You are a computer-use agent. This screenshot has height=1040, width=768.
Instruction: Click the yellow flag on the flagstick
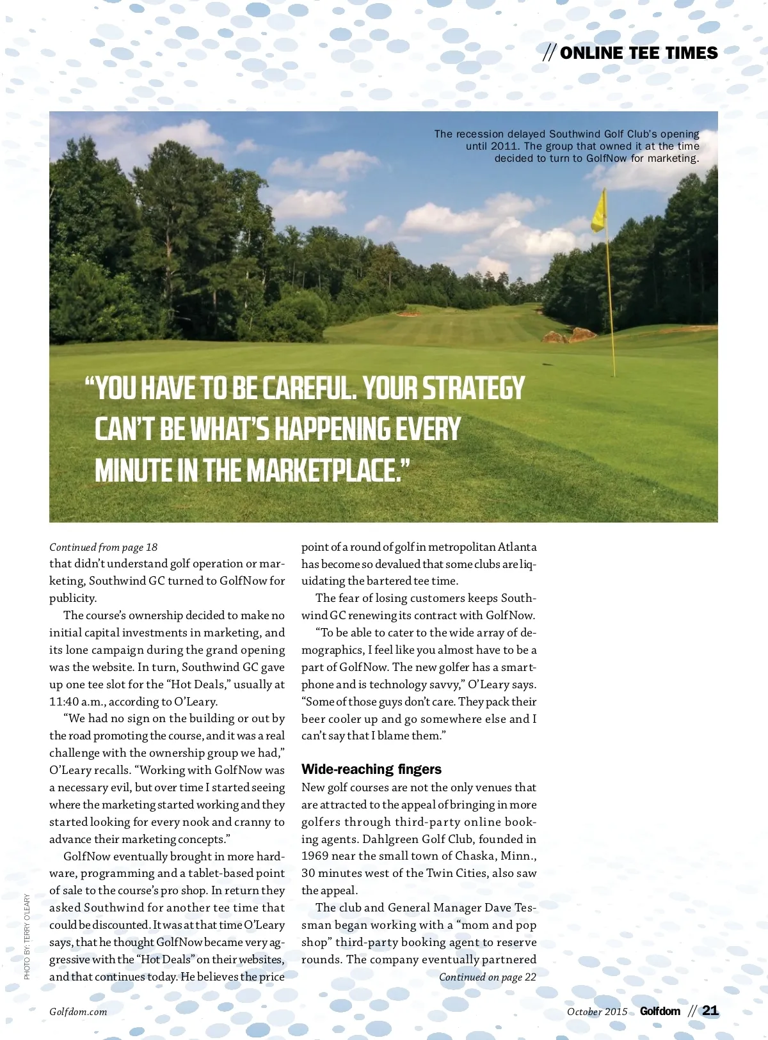[599, 213]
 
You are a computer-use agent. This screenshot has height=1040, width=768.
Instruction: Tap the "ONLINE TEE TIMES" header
[638, 53]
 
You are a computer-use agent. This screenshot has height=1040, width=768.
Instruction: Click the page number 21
[710, 1011]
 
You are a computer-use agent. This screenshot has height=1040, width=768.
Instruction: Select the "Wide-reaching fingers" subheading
[371, 769]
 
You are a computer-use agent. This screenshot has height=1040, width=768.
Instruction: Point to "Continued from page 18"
[103, 547]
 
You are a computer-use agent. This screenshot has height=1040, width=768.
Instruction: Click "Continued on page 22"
[487, 977]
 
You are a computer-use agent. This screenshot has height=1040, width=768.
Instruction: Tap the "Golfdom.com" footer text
[78, 1012]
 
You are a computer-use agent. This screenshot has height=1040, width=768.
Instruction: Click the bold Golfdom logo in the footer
[660, 1011]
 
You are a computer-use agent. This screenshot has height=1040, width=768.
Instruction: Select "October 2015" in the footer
[597, 1012]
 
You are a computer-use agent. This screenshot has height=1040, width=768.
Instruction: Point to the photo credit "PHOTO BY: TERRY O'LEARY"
[27, 936]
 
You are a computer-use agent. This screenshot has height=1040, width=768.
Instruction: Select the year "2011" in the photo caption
[504, 146]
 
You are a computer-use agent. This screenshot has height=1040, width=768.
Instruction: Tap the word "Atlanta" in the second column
[517, 547]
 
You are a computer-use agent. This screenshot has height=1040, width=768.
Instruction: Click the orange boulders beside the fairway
[570, 335]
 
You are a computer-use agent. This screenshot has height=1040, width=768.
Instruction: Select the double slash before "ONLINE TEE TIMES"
[549, 53]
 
